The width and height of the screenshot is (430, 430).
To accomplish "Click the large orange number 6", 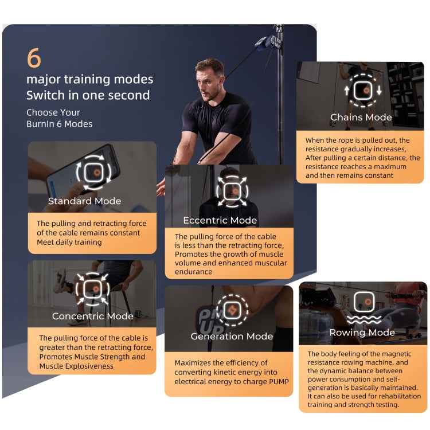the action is click(x=34, y=57).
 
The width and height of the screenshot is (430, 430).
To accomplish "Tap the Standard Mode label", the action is click(x=84, y=201).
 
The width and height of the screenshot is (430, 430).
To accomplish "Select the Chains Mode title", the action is click(x=361, y=118).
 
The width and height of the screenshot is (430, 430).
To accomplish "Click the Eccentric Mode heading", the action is click(x=220, y=220).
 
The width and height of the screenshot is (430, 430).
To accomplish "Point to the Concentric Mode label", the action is click(x=93, y=316).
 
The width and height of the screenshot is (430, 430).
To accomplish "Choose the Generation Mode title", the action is click(x=232, y=336).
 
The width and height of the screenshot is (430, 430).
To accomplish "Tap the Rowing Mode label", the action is click(x=362, y=333).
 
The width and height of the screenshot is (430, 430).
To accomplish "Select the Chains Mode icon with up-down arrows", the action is click(x=362, y=90).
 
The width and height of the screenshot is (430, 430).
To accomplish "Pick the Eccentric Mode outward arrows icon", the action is click(x=232, y=191).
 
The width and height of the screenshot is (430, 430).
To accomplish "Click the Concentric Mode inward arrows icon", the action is click(x=93, y=289).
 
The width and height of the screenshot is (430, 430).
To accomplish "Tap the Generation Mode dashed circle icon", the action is click(x=232, y=310).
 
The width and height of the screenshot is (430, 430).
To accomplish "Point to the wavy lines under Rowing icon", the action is click(x=364, y=319).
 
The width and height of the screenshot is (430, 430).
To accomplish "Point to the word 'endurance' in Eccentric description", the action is click(x=194, y=272).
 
